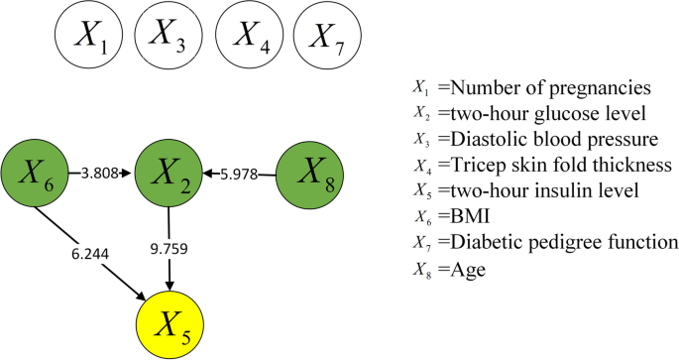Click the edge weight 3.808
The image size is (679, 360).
point(101,174)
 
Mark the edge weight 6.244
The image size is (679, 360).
point(90,254)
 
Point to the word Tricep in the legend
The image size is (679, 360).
point(476,164)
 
